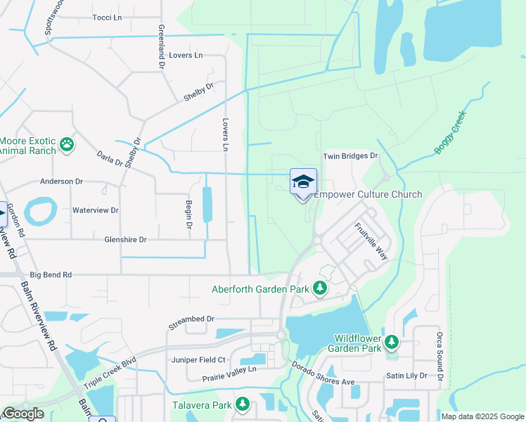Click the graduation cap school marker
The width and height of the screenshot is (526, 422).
coord(303,182)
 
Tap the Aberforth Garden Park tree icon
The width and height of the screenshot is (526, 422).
coord(320,288)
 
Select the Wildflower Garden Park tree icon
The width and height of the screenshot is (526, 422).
coord(391,342)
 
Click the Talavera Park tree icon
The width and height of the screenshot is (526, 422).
coord(243,404)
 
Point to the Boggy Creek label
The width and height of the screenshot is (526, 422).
coord(450,132)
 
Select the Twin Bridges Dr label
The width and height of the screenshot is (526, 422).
coord(350,156)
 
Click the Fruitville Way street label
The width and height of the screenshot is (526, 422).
coord(371,241)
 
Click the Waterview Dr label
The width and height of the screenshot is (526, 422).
coord(95,210)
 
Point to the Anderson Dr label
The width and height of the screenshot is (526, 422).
coord(61,181)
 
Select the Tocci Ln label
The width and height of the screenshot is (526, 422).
coord(107,18)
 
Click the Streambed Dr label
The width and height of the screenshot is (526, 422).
coord(191,319)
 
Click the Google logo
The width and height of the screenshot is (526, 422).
coord(23,414)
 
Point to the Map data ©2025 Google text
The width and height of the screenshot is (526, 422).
coord(482,416)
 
